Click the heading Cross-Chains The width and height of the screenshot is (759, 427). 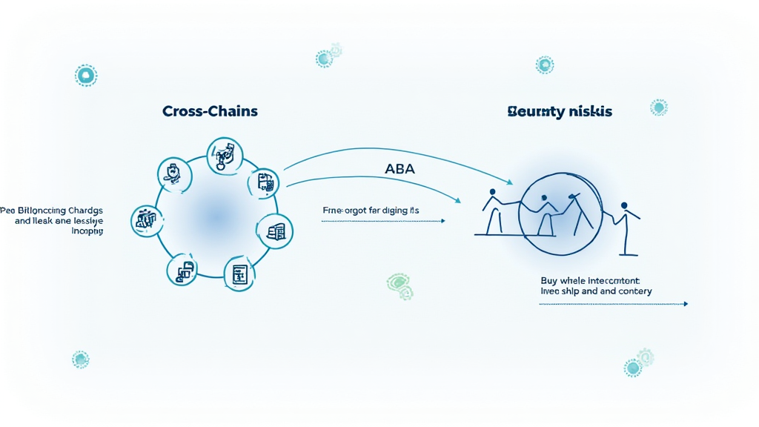click(211, 111)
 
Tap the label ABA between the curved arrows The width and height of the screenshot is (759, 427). click(400, 169)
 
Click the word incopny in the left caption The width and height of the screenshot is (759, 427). click(87, 231)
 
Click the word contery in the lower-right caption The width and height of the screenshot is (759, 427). click(634, 291)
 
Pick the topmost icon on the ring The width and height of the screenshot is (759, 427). click(225, 155)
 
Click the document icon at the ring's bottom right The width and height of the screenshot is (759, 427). click(239, 275)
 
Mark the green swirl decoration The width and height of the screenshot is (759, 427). click(400, 284)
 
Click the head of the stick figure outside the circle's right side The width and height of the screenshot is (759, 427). click(624, 205)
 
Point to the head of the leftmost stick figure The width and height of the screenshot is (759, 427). click(491, 193)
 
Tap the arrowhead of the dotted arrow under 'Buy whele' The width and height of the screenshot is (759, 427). click(686, 304)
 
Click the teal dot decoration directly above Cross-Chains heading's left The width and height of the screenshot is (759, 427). click(86, 75)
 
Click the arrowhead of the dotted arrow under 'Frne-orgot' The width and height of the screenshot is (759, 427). click(443, 221)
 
